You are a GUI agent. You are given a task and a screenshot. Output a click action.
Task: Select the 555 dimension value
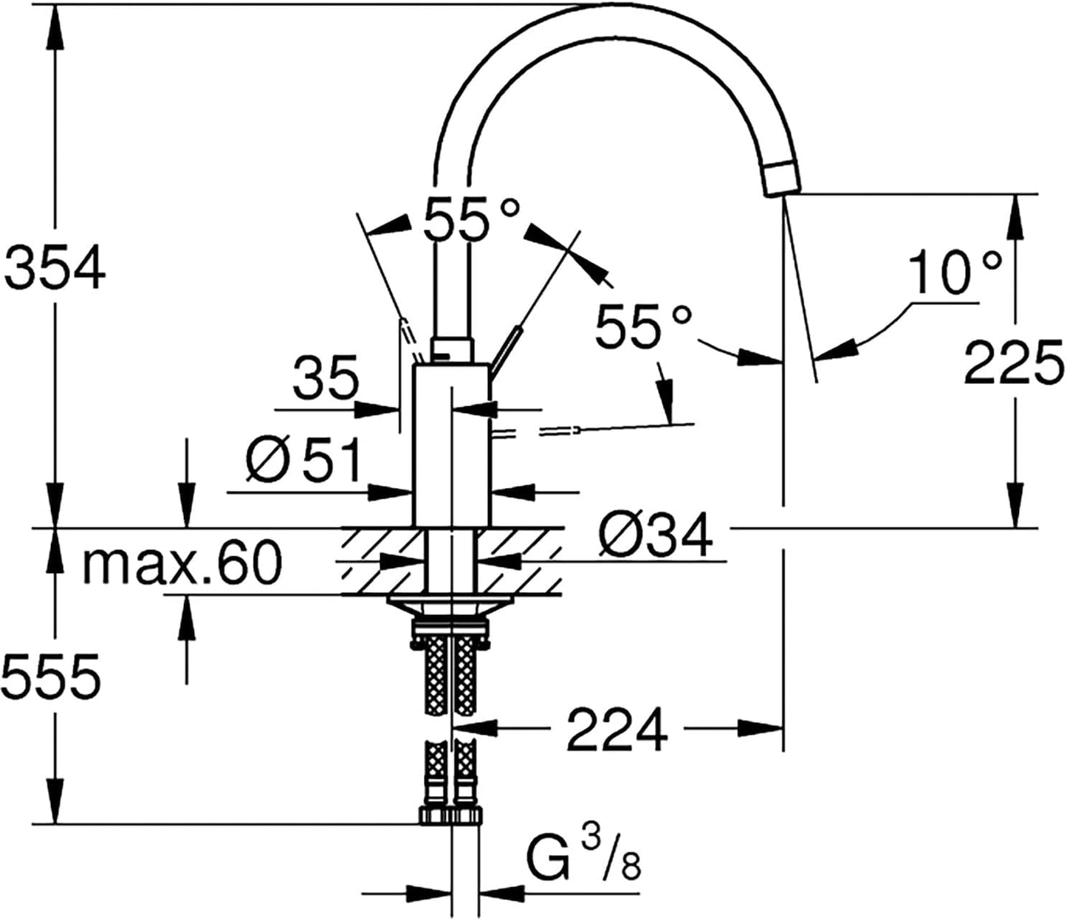52,677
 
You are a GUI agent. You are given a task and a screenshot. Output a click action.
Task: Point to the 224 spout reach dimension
617,730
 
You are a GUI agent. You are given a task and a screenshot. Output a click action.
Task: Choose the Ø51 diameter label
303,459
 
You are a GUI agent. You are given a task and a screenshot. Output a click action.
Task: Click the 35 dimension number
326,377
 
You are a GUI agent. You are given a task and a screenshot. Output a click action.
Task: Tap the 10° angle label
955,272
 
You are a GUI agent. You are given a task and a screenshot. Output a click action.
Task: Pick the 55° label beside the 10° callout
642,326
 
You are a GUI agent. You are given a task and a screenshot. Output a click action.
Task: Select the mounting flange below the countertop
450,607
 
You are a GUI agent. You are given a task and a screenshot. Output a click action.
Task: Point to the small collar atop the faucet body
452,351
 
